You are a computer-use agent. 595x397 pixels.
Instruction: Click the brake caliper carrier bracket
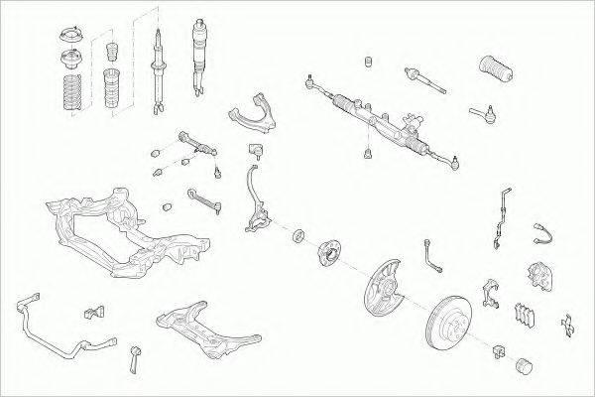[489, 290]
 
